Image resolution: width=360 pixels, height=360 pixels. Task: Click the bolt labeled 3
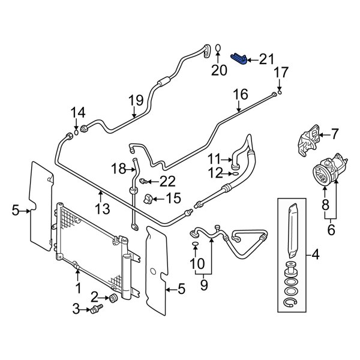tap(96, 309)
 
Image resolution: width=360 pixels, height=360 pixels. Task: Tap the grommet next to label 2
tap(112, 299)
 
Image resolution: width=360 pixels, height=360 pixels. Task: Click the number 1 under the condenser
tap(77, 289)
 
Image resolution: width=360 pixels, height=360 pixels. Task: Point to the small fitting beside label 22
tap(143, 181)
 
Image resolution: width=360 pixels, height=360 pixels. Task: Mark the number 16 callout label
tap(239, 94)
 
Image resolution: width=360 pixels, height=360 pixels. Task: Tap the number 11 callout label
tap(215, 158)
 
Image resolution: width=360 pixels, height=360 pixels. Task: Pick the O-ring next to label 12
tap(236, 175)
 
